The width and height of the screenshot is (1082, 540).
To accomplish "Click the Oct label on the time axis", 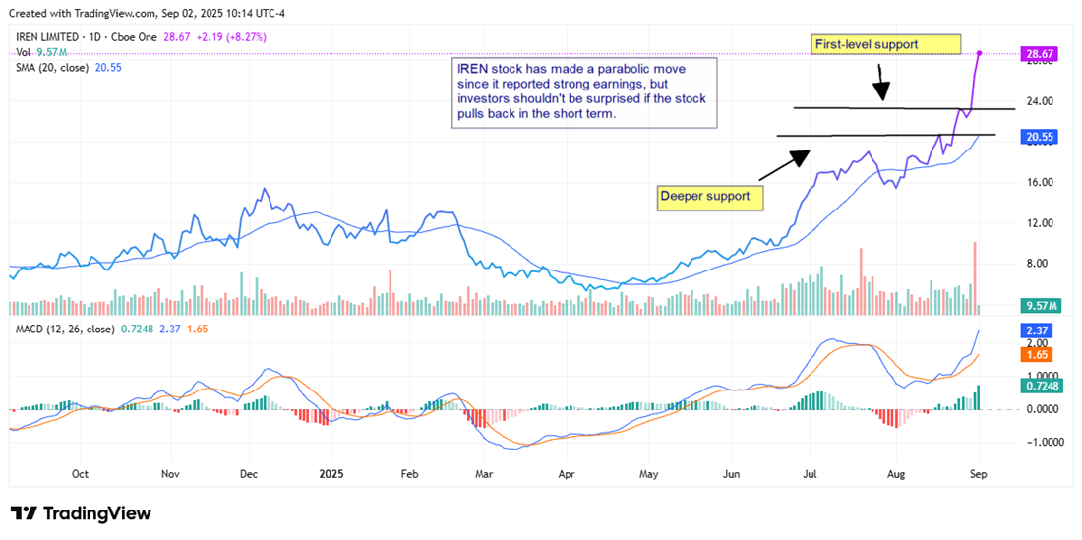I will coord(81,473).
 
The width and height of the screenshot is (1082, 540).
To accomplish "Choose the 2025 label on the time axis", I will coord(329,473).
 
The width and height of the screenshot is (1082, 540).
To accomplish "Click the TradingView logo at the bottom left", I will coord(81,513).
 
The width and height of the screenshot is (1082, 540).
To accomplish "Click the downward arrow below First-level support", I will coord(882,82).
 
